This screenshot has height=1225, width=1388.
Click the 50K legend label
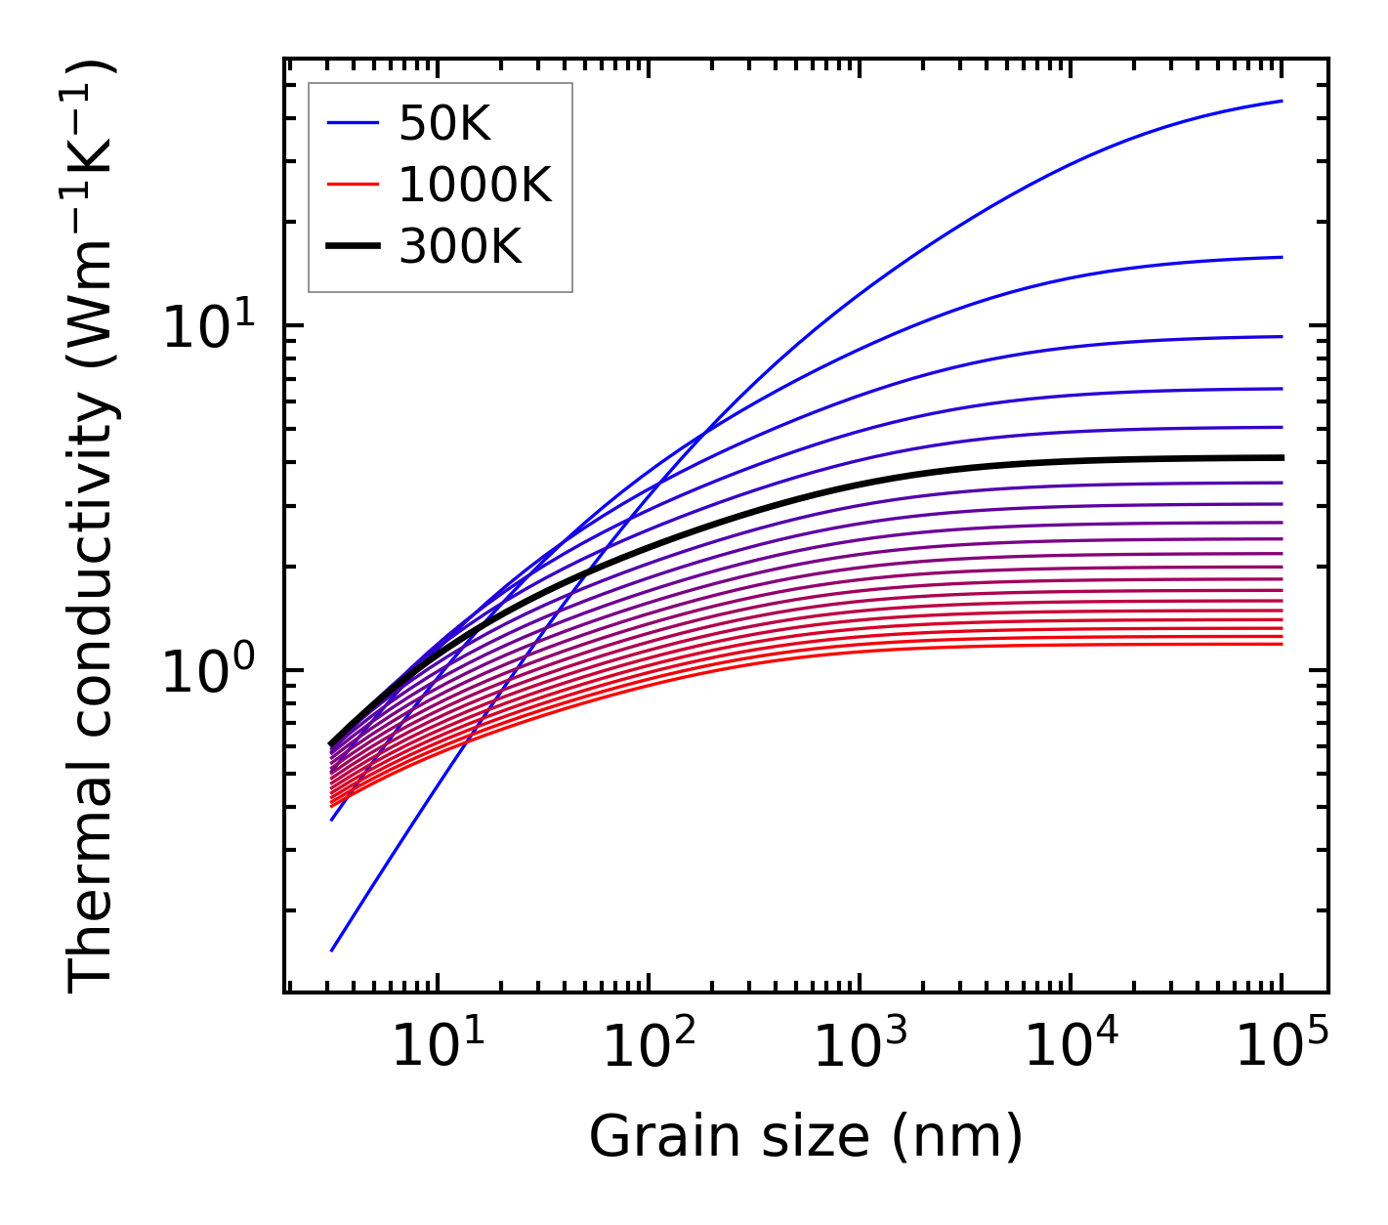[x=444, y=124]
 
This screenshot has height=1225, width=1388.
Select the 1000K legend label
[x=475, y=185]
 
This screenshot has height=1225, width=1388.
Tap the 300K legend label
[x=460, y=247]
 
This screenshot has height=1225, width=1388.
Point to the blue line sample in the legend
[x=352, y=123]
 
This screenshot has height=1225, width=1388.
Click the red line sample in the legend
[x=352, y=185]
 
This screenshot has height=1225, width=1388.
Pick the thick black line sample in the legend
[x=352, y=247]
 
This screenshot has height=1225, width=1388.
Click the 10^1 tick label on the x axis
[x=437, y=1048]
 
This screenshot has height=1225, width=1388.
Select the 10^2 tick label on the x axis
[x=648, y=1048]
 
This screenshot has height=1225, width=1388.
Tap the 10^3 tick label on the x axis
[x=859, y=1048]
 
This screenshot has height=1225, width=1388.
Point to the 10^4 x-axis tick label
[x=1071, y=1048]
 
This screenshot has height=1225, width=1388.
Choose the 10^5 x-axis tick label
[x=1282, y=1048]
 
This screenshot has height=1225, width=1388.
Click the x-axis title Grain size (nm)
[x=806, y=1137]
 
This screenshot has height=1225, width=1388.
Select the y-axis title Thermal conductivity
[x=93, y=526]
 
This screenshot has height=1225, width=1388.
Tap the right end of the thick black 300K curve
[x=1282, y=457]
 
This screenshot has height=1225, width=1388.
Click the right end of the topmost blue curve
[x=1282, y=101]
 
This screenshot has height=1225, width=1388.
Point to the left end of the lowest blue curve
[x=332, y=950]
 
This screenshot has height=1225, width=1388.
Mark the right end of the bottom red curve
[x=1282, y=644]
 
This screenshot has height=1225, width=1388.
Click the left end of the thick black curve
[x=332, y=744]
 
